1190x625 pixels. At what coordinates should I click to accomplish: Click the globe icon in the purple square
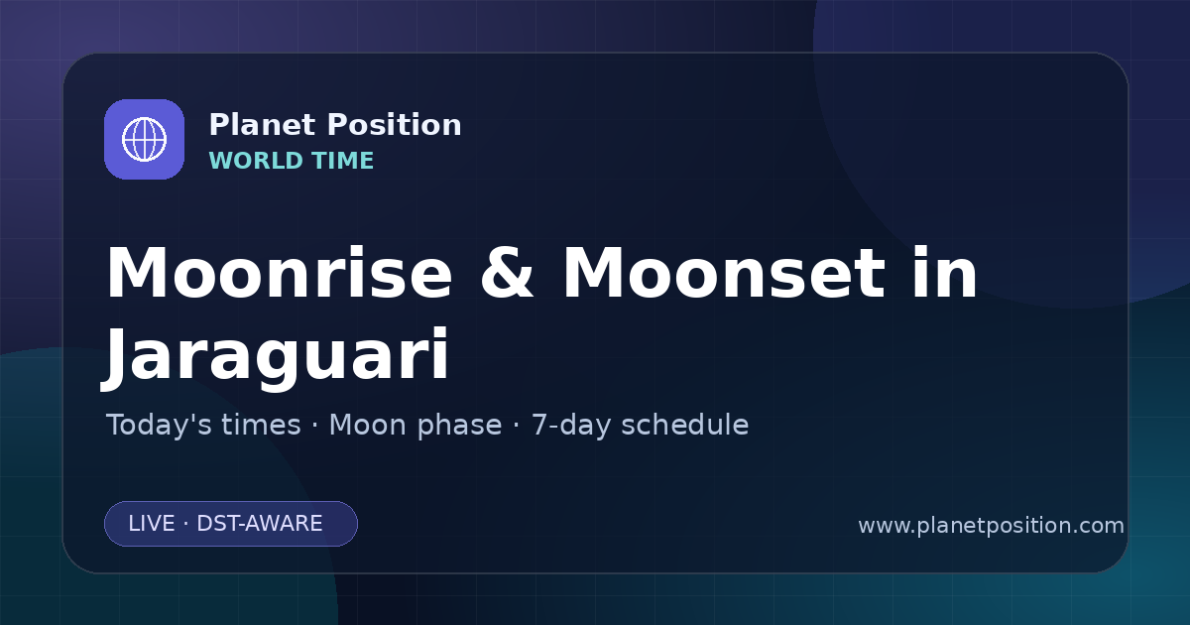(144, 139)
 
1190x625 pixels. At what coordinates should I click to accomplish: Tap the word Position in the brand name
(395, 125)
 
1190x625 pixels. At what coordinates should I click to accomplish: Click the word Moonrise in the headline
(280, 273)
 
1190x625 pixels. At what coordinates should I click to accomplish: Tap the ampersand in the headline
(507, 273)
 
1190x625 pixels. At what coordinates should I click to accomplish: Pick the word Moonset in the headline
(724, 273)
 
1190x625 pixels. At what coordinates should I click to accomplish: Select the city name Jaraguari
(276, 355)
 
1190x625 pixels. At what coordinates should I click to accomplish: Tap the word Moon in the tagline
(368, 426)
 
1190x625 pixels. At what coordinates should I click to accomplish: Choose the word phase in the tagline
(459, 427)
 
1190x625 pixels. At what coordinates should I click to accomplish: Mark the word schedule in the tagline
(685, 426)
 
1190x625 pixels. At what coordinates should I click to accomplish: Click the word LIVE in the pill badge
(152, 524)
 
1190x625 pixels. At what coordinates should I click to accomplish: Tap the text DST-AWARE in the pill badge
(259, 524)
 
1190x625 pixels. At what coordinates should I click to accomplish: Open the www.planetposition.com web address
(992, 526)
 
